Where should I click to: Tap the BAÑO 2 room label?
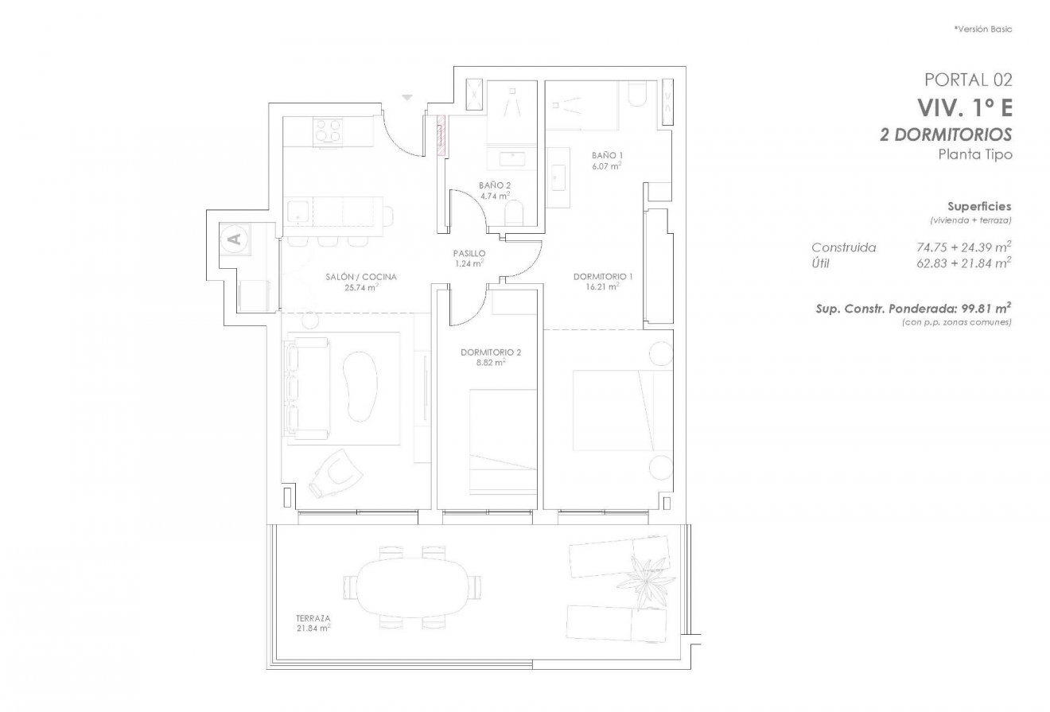click(x=495, y=185)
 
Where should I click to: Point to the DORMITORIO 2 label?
click(x=491, y=352)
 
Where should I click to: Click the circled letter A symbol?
click(x=234, y=237)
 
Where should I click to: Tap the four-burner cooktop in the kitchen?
click(x=329, y=130)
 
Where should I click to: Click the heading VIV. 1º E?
click(x=965, y=107)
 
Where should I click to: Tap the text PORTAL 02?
click(x=968, y=80)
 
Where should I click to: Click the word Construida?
click(x=843, y=248)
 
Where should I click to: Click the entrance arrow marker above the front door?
click(x=408, y=98)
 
